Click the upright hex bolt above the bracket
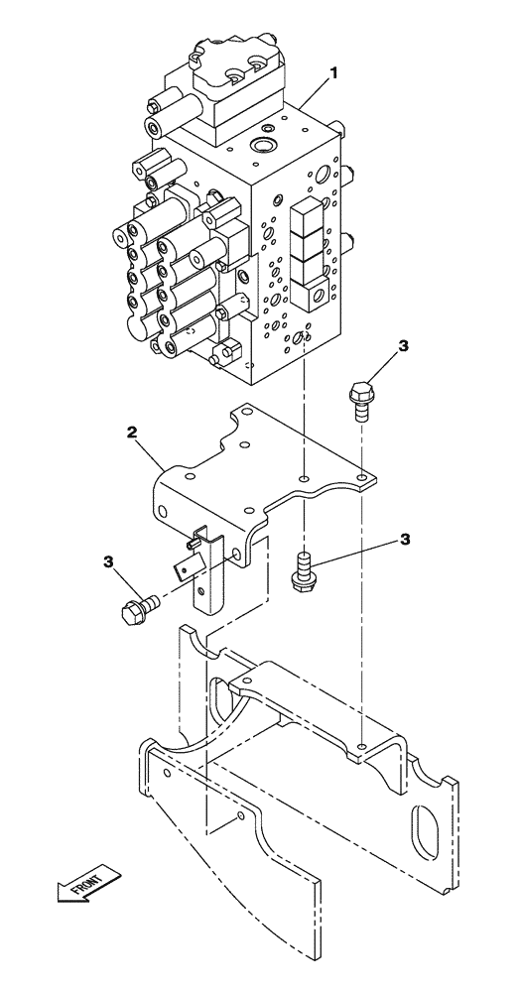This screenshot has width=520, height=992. tap(361, 398)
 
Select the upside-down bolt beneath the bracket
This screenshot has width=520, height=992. tap(300, 570)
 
